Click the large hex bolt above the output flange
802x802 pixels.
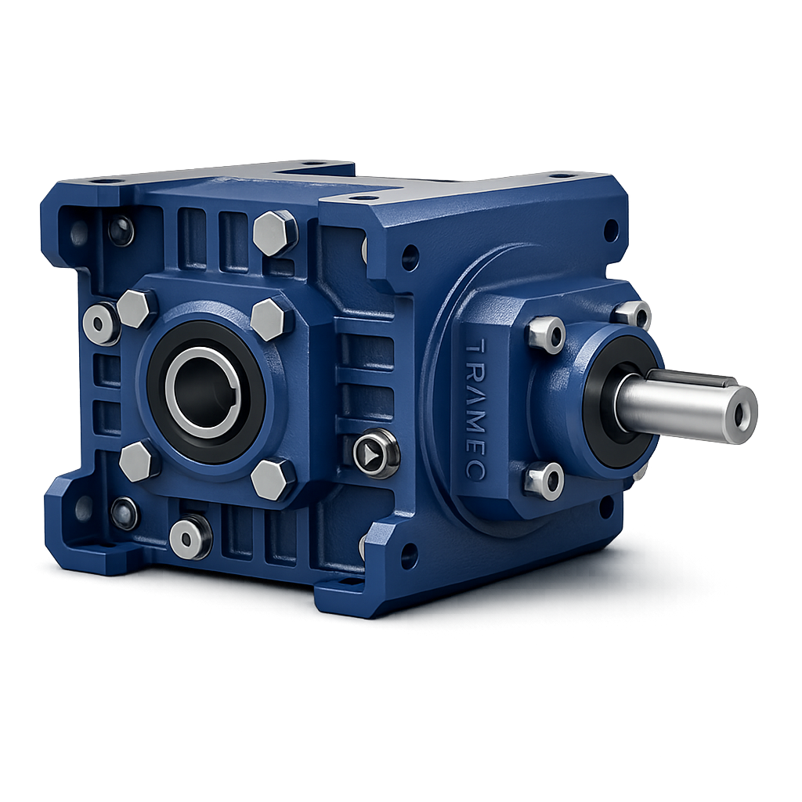point(276,233)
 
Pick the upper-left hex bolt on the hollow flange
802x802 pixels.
point(135,309)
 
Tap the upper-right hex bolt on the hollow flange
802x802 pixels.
point(270,320)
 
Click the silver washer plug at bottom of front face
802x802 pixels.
point(190,537)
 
